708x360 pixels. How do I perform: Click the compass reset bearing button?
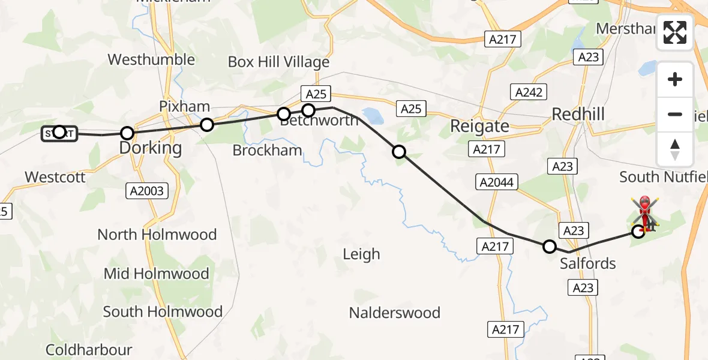(675, 149)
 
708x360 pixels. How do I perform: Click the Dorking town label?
(151, 148)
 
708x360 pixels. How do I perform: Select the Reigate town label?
(479, 126)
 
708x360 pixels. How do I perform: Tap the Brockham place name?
(267, 150)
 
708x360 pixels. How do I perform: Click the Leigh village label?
(361, 254)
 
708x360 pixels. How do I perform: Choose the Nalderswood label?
(395, 313)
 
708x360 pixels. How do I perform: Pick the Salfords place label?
(587, 263)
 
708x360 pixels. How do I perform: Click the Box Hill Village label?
(278, 62)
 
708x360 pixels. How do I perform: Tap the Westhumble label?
(151, 59)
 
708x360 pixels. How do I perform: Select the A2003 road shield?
(147, 191)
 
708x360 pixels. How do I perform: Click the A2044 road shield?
(497, 182)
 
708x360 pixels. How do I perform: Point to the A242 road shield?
(529, 92)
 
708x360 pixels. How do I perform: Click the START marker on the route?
(59, 133)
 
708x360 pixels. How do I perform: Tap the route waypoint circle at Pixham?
(206, 125)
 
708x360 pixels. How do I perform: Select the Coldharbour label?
(89, 349)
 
